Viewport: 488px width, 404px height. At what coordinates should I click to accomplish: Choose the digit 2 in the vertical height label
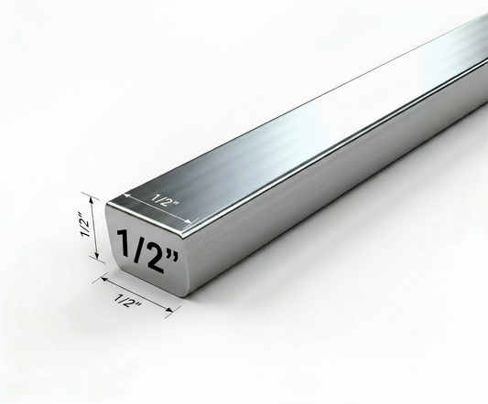(84, 218)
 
